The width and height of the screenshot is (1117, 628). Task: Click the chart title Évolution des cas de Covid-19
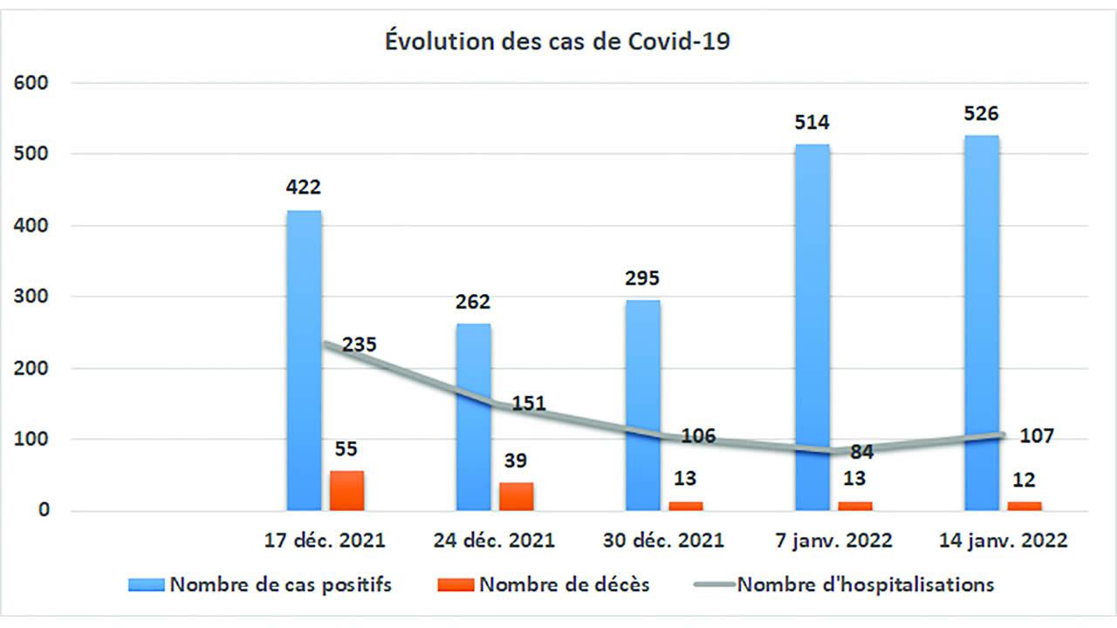tap(558, 42)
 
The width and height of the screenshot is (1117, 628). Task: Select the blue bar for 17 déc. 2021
tap(304, 366)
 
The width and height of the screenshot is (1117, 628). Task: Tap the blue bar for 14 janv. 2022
tap(982, 331)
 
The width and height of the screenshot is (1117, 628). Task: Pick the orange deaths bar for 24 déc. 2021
tap(517, 496)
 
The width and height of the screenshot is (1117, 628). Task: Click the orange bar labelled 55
tap(346, 490)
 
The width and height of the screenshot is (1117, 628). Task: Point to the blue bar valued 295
tap(642, 410)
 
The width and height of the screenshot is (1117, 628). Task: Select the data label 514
tap(812, 122)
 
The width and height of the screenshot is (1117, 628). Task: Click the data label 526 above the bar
tap(981, 113)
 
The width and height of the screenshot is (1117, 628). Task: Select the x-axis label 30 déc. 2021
tap(663, 540)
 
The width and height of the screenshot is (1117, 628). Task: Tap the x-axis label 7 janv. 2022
tap(833, 540)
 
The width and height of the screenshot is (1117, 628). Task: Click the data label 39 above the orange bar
tap(516, 461)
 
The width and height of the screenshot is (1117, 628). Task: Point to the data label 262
tap(473, 302)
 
